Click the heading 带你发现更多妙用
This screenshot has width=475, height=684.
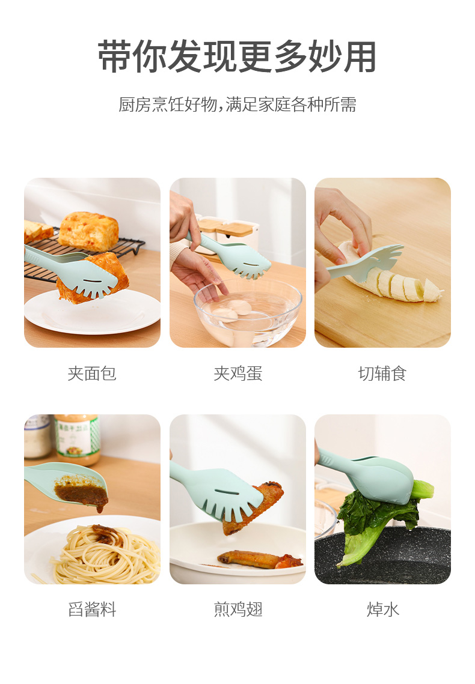237,58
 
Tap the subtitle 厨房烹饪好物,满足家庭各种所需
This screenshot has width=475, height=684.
237,104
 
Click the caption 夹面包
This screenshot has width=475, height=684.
92,374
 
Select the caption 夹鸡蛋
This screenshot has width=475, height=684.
237,374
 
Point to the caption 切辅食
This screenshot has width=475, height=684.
382,374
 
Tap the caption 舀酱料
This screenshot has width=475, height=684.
92,610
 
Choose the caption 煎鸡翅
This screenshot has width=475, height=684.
237,610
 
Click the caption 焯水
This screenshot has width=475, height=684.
382,610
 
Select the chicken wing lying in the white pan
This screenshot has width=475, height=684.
259,560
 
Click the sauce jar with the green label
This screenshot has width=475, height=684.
76,438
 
